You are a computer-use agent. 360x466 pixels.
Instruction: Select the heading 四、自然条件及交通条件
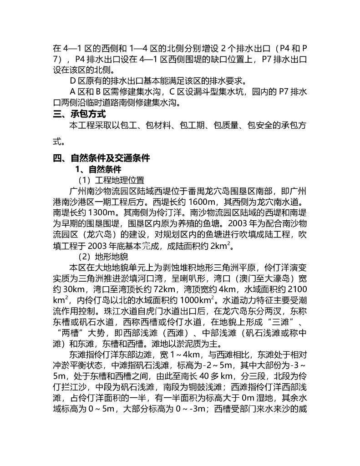101,158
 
